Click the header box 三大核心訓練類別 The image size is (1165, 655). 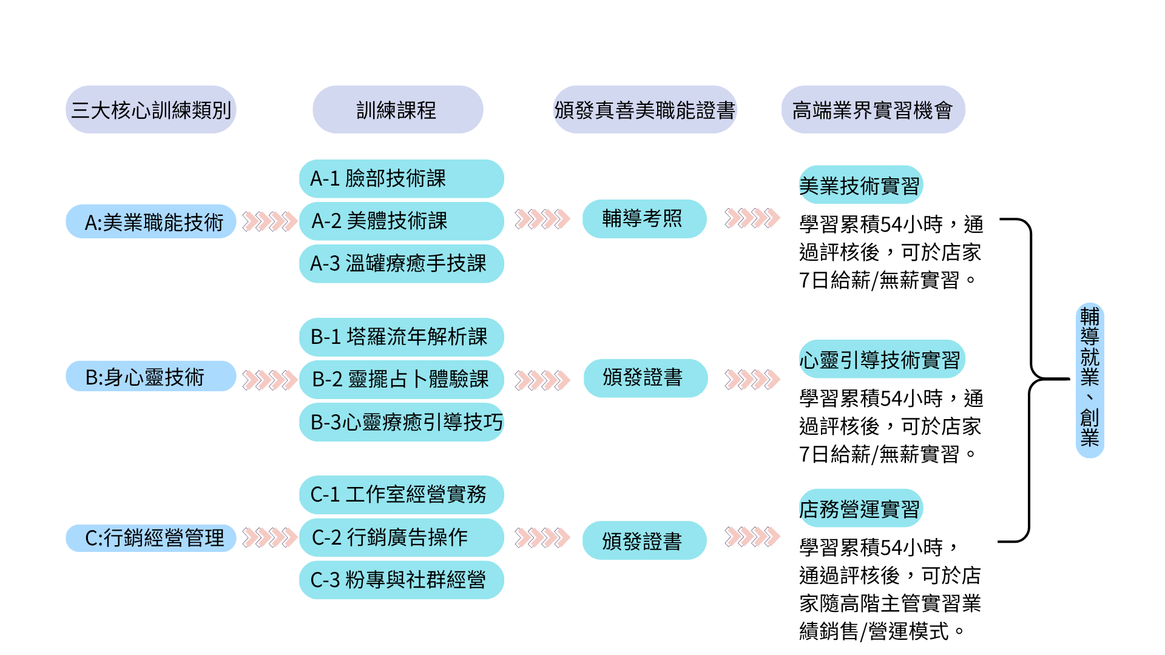pyautogui.click(x=150, y=110)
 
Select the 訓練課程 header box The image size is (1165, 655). pyautogui.click(x=397, y=110)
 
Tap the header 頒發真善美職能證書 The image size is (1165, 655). pyautogui.click(x=644, y=110)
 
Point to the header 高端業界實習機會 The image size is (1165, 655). pyautogui.click(x=873, y=110)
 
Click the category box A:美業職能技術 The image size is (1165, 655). pyautogui.click(x=150, y=222)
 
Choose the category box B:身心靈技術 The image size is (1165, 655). pyautogui.click(x=150, y=377)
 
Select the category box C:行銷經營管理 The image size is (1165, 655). pyautogui.click(x=150, y=538)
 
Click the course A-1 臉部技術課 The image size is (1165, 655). pyautogui.click(x=401, y=179)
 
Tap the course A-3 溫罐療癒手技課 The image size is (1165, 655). pyautogui.click(x=401, y=264)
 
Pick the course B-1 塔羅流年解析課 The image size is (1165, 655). pyautogui.click(x=401, y=337)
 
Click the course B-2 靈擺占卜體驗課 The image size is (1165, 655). pyautogui.click(x=401, y=380)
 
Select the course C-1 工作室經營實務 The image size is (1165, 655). pyautogui.click(x=401, y=495)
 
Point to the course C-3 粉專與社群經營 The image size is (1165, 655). pyautogui.click(x=401, y=580)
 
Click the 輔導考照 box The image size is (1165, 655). pyautogui.click(x=644, y=219)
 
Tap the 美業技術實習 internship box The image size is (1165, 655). pyautogui.click(x=860, y=185)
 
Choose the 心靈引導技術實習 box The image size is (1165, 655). pyautogui.click(x=881, y=359)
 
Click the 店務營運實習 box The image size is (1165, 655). pyautogui.click(x=860, y=508)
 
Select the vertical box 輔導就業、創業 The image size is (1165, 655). pyautogui.click(x=1090, y=380)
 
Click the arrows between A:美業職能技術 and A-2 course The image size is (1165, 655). pyautogui.click(x=269, y=221)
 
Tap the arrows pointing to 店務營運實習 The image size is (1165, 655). pyautogui.click(x=752, y=537)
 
